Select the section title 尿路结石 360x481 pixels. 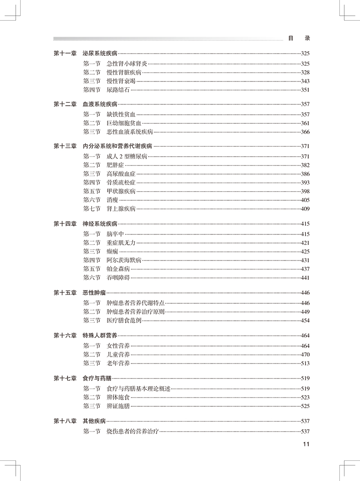118,90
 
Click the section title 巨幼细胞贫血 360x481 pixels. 124,123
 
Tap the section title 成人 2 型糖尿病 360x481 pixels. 127,156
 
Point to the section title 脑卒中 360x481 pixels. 115,234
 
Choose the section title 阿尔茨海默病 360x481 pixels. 124,260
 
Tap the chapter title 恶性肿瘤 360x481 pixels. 94,292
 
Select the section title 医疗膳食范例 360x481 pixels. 124,320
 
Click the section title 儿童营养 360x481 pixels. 118,354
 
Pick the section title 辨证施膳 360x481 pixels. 118,406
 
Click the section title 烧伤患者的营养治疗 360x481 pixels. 133,432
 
